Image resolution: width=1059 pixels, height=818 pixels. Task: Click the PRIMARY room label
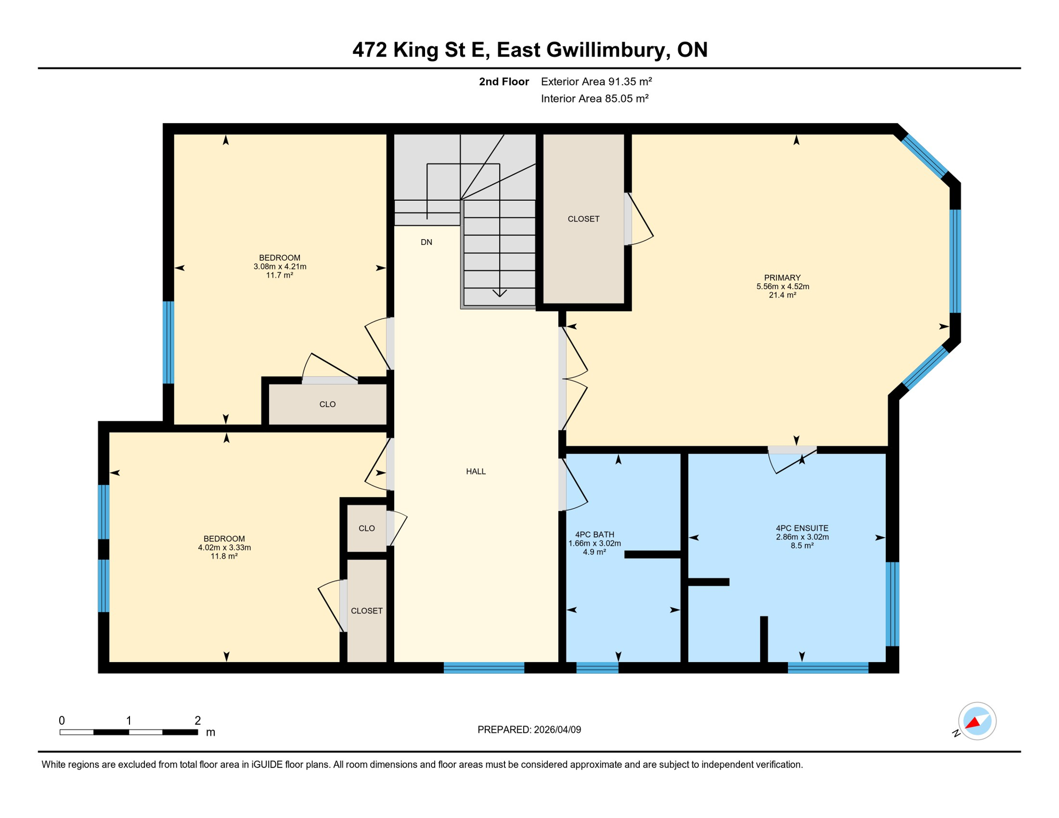pos(782,277)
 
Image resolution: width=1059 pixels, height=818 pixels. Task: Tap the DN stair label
pos(426,242)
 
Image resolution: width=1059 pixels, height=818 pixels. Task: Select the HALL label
pos(476,471)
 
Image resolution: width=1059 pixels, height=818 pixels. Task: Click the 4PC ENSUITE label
pos(802,528)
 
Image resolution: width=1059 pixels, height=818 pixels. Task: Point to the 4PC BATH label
pos(594,535)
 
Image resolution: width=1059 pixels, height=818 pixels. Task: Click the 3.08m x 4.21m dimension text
pos(280,267)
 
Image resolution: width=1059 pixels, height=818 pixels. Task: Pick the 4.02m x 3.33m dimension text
pos(224,547)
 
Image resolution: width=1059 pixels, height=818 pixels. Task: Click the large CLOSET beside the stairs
pos(583,219)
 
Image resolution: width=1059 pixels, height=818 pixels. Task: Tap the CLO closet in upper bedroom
pos(327,404)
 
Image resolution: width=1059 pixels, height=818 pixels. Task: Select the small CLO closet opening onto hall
pos(366,528)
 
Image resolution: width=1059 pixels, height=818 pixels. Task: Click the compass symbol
pos(976,721)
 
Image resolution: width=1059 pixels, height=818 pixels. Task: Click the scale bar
pos(128,732)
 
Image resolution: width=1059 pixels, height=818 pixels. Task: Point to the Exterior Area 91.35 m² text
pos(596,81)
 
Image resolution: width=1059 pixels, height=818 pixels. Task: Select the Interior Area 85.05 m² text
pos(594,99)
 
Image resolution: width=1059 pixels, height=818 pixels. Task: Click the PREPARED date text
pos(529,730)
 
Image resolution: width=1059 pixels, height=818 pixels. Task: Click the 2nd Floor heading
pos(503,81)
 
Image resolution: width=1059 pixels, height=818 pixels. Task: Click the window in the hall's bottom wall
pos(484,668)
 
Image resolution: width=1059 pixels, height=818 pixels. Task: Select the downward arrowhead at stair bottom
pos(499,293)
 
